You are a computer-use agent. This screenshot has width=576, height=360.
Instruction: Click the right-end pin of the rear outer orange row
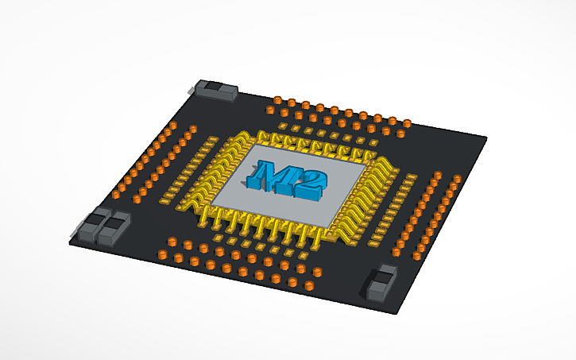coord(408,123)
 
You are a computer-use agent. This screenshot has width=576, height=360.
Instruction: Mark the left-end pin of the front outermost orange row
coord(162,254)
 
